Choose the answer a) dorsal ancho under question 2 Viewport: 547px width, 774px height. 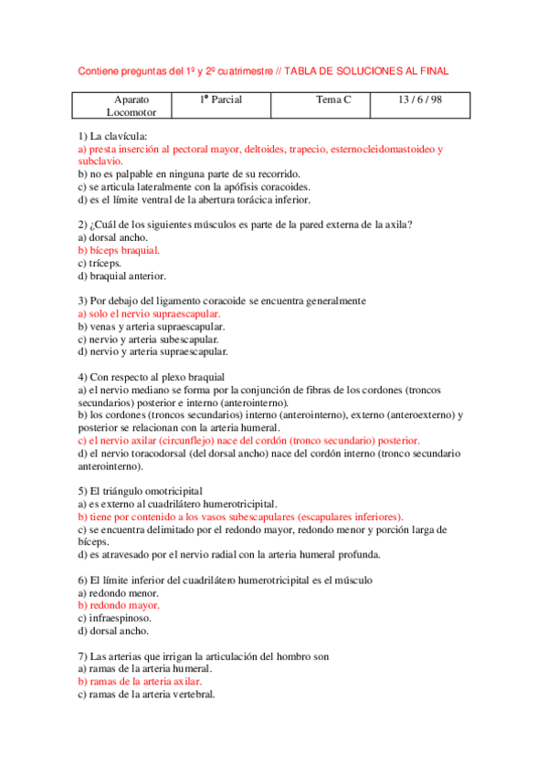tap(110, 237)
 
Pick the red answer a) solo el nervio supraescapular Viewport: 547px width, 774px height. tap(150, 313)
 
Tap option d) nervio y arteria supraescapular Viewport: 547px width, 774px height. tap(153, 351)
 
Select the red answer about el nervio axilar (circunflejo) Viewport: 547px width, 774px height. tap(248, 440)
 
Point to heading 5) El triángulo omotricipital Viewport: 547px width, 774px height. tap(141, 491)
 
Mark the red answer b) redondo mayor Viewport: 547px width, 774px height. tap(119, 605)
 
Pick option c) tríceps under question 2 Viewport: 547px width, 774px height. tap(101, 263)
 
